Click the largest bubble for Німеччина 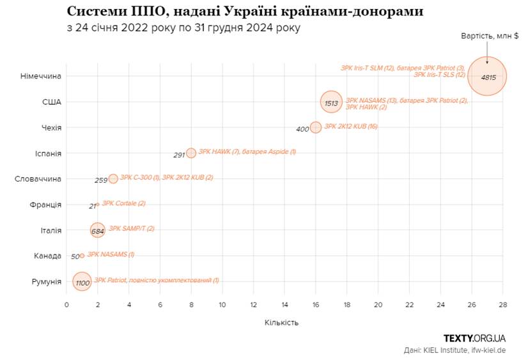[x=487, y=76]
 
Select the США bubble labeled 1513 [x=331, y=102]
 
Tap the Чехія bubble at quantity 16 [x=316, y=127]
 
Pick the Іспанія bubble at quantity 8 [x=191, y=153]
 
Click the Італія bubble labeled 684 [x=97, y=230]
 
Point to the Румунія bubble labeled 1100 [x=82, y=281]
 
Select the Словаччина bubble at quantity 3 [x=113, y=179]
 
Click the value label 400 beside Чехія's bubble [x=302, y=129]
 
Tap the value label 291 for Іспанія [x=179, y=155]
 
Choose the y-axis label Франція [x=45, y=205]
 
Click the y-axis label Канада [x=47, y=256]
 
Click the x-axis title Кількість [x=281, y=322]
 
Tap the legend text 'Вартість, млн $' [x=490, y=36]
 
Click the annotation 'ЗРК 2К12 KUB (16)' [x=351, y=127]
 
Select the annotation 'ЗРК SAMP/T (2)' [x=132, y=228]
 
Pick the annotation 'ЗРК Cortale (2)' [x=124, y=203]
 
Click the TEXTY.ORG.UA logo [x=474, y=338]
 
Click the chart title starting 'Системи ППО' [x=245, y=12]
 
